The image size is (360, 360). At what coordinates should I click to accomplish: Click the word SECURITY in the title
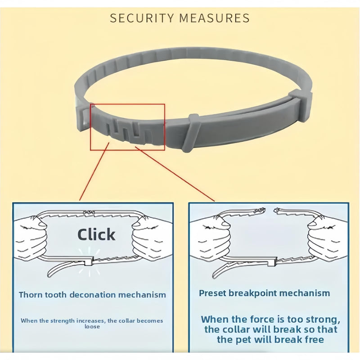coord(142,18)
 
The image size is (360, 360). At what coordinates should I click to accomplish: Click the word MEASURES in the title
coord(215,18)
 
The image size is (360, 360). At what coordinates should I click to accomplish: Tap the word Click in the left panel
coord(96,234)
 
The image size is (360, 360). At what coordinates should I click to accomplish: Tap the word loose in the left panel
coord(92,327)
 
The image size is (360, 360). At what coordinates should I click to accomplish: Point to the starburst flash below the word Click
coord(89,262)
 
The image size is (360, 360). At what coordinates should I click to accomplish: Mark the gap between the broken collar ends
coord(270,210)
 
